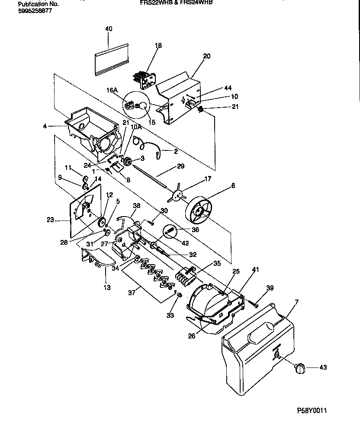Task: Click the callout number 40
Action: click(x=109, y=29)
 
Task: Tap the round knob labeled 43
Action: click(x=299, y=368)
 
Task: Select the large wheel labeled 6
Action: click(x=199, y=211)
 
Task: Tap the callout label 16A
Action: click(x=112, y=90)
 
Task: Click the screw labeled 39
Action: click(x=255, y=305)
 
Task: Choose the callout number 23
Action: click(x=50, y=220)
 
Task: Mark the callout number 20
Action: click(x=206, y=56)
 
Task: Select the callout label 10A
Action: click(x=136, y=127)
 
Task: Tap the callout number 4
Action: click(x=45, y=126)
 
